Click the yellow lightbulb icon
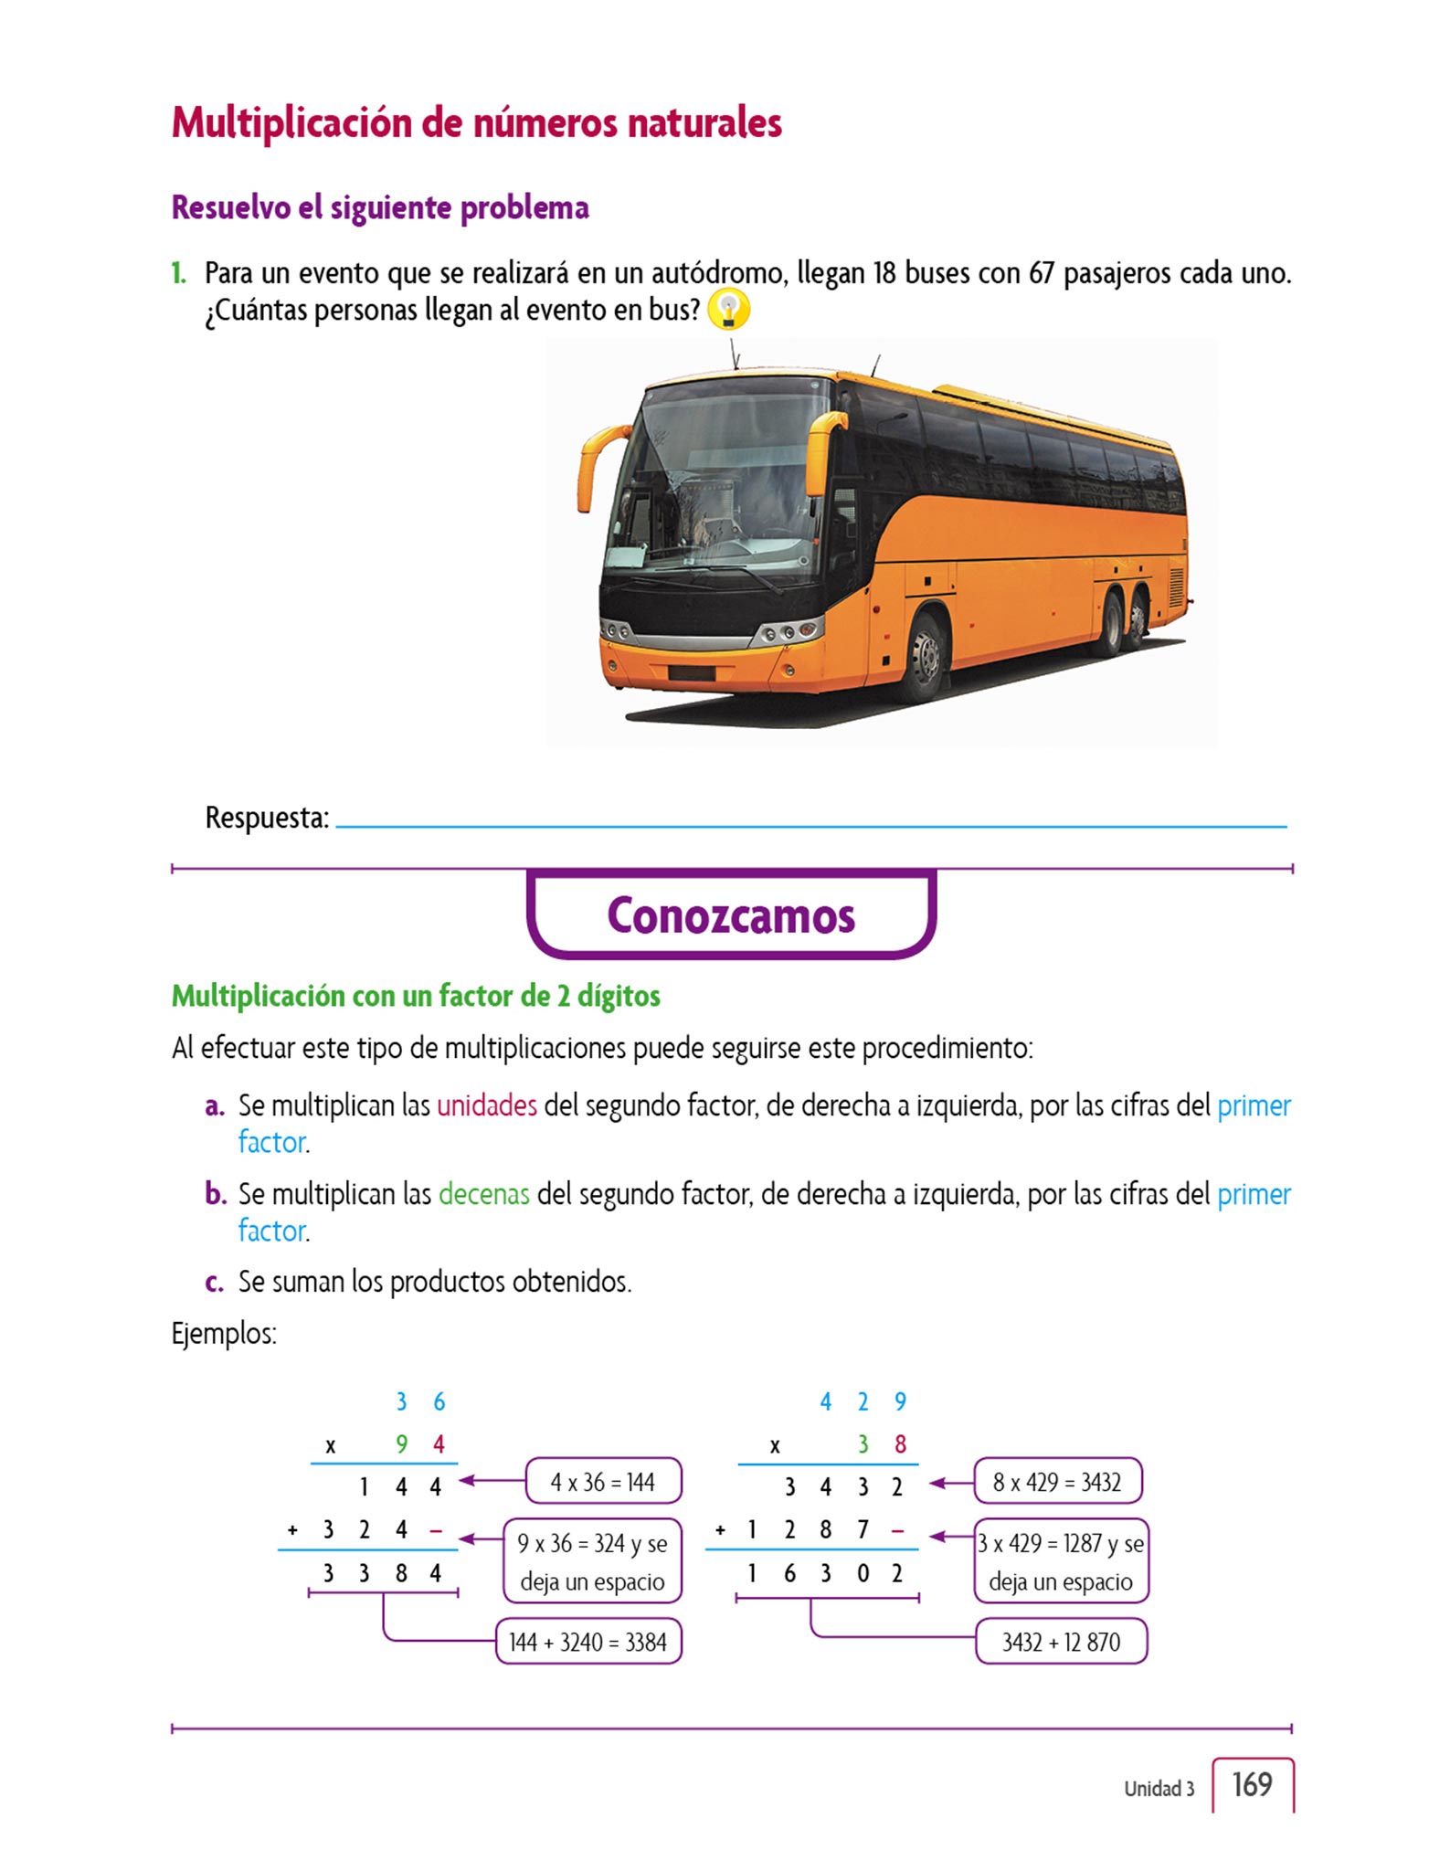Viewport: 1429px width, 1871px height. pyautogui.click(x=728, y=310)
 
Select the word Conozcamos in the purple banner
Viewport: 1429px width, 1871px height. pyautogui.click(x=731, y=915)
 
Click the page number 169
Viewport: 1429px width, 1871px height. pyautogui.click(x=1252, y=1784)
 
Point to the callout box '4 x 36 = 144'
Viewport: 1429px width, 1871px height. pyautogui.click(x=603, y=1482)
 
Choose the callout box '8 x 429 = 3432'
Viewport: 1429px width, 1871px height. pyautogui.click(x=1057, y=1482)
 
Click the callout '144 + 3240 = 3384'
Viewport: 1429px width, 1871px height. pyautogui.click(x=588, y=1642)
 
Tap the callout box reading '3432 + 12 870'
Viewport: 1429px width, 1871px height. pyautogui.click(x=1061, y=1642)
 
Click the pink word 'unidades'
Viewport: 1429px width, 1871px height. pyautogui.click(x=486, y=1105)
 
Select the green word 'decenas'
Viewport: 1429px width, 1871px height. pyautogui.click(x=483, y=1194)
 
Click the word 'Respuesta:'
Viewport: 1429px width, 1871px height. pyautogui.click(x=267, y=818)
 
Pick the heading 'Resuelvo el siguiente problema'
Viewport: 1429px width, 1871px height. pyautogui.click(x=380, y=207)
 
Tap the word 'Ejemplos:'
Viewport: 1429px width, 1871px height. pyautogui.click(x=224, y=1334)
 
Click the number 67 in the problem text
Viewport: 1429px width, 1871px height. pyautogui.click(x=1041, y=273)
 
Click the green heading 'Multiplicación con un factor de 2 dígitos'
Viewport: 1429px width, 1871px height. pyautogui.click(x=416, y=996)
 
